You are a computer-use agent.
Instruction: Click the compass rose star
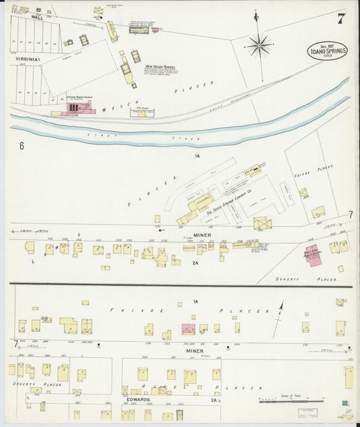click(259, 46)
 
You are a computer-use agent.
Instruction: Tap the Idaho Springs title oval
click(328, 51)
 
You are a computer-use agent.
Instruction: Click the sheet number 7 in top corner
click(341, 18)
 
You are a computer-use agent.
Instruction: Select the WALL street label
click(37, 18)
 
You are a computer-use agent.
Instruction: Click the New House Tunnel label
click(159, 66)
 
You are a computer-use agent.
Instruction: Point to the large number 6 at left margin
click(22, 145)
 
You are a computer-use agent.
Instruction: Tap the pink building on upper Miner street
click(313, 255)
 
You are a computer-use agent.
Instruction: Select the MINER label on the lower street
click(194, 351)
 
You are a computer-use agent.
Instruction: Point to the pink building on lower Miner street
click(188, 329)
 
